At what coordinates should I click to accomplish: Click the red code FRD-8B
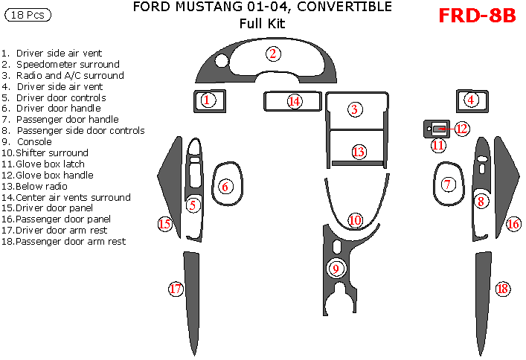click(x=476, y=16)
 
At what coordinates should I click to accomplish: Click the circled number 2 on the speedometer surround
click(x=274, y=53)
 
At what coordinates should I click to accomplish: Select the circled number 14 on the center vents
click(x=295, y=100)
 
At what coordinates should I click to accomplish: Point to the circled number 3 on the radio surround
click(x=355, y=109)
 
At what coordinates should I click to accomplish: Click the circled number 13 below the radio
click(x=359, y=152)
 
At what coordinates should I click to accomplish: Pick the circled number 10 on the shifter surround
click(x=355, y=219)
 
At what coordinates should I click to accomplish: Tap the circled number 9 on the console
click(x=336, y=269)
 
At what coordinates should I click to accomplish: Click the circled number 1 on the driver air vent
click(x=209, y=100)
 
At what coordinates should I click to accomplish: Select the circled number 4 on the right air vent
click(x=471, y=100)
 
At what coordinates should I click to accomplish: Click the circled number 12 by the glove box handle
click(x=462, y=129)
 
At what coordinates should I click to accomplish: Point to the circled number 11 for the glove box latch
click(x=438, y=145)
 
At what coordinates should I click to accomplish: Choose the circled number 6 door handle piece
click(x=224, y=187)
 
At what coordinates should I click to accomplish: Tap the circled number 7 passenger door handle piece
click(x=447, y=184)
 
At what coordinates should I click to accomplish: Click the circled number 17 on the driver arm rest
click(x=176, y=289)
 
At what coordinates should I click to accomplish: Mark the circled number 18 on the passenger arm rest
click(x=502, y=289)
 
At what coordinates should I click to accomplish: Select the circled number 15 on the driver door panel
click(x=164, y=223)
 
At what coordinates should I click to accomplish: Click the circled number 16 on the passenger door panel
click(x=513, y=224)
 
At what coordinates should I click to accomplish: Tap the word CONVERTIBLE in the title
click(x=331, y=7)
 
